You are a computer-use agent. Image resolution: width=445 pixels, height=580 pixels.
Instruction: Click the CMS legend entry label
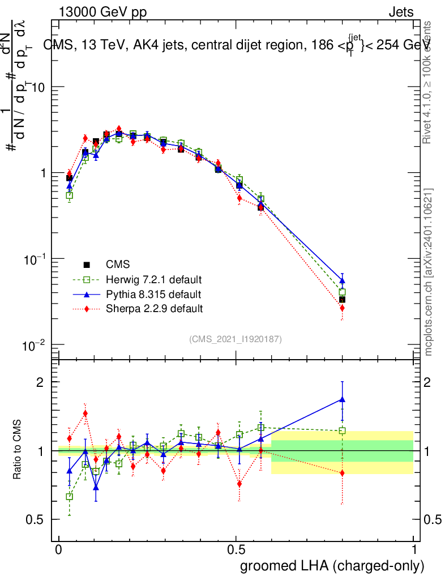117,265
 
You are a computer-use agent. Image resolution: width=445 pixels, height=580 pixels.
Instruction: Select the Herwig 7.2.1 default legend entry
153,280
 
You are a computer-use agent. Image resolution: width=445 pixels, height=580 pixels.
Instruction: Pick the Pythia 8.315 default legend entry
153,295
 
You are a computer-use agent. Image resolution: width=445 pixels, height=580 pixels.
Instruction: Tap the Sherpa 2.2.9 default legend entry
154,309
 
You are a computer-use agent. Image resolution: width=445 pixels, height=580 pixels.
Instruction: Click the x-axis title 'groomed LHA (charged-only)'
332,566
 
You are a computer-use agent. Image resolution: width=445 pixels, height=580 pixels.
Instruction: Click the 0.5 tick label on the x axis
236,549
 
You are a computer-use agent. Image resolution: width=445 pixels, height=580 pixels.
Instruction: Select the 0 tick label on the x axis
59,549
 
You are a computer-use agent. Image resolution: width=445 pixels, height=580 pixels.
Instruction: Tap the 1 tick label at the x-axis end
414,549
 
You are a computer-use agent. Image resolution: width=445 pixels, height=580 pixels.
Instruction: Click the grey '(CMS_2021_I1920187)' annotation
236,339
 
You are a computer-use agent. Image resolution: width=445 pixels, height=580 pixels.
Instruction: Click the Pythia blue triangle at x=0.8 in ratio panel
342,399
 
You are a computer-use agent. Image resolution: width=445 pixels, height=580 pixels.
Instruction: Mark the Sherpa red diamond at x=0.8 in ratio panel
342,473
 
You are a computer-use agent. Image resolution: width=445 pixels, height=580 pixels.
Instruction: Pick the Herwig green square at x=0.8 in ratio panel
342,430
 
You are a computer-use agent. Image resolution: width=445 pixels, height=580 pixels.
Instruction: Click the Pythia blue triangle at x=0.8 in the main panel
342,280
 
